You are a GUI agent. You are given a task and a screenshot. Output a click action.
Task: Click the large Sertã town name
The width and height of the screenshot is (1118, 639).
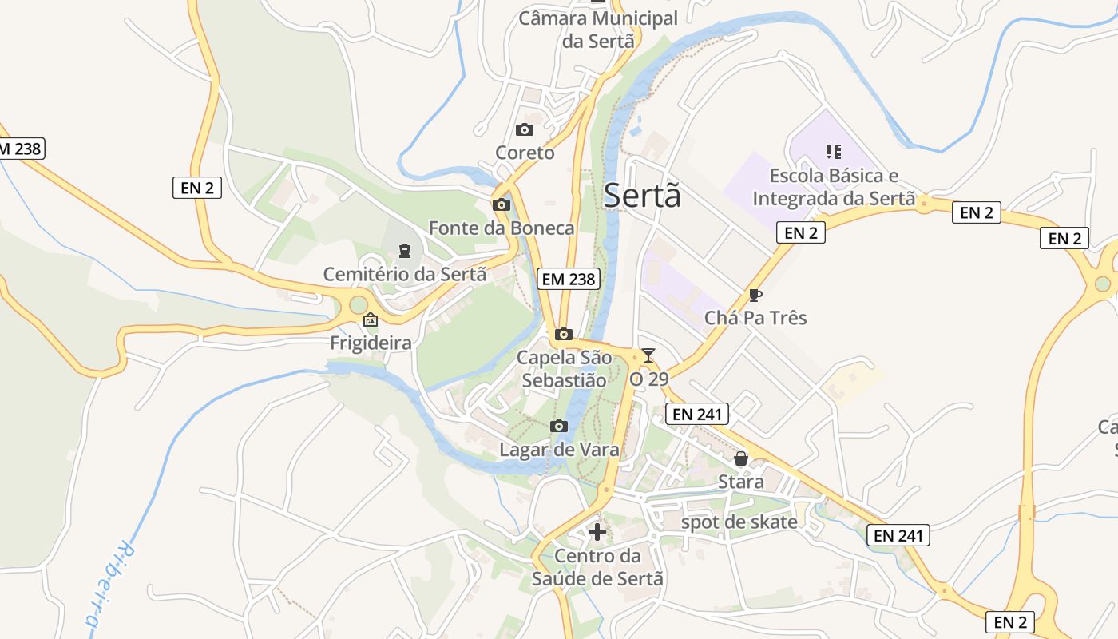point(642,196)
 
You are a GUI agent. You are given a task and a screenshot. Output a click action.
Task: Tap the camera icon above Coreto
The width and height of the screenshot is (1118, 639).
point(525,129)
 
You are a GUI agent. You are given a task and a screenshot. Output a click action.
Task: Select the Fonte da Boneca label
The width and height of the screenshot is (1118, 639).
point(502,228)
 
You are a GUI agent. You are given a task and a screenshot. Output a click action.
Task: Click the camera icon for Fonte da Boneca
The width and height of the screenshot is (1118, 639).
point(502,205)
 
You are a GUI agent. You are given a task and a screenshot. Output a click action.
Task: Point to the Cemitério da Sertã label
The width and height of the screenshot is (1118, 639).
point(404,274)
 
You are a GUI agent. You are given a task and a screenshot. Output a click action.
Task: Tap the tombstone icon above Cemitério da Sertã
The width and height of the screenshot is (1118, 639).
point(405,251)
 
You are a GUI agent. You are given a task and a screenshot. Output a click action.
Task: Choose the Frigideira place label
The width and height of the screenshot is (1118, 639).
point(371,343)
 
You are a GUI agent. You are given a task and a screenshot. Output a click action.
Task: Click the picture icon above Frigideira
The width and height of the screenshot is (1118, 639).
point(371,320)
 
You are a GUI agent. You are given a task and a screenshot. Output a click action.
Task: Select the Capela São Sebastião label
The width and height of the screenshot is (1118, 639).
point(564,368)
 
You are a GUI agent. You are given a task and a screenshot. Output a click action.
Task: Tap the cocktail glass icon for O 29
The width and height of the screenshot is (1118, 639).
point(648,355)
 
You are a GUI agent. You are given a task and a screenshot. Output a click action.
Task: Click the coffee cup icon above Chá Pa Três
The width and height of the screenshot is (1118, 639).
point(755,295)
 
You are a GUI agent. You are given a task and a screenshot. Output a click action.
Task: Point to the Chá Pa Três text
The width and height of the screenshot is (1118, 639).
point(755,318)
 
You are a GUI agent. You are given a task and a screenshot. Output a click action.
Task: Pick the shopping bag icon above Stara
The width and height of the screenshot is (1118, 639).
point(741,458)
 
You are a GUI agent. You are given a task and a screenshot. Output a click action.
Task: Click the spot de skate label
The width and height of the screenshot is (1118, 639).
point(739,522)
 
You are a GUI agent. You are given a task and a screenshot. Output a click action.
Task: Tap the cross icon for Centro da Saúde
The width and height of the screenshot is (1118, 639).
point(597,532)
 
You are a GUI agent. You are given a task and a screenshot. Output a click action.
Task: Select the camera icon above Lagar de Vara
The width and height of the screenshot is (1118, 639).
point(559,426)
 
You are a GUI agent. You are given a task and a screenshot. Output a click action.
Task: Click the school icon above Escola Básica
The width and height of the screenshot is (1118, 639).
point(834,151)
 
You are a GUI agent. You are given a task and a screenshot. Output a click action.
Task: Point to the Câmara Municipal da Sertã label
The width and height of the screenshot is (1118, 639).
point(598,30)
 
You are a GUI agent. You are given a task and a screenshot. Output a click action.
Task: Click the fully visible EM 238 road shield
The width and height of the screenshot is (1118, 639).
point(569,278)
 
